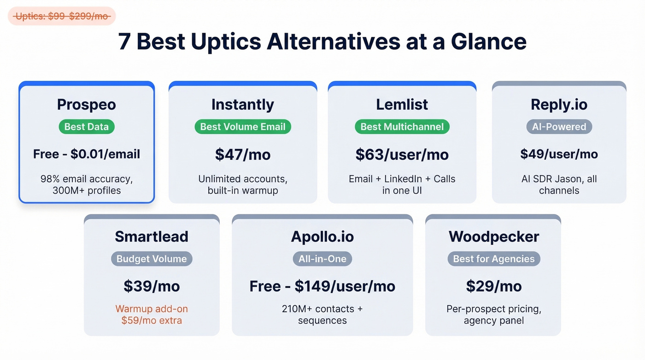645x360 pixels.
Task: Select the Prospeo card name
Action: click(x=87, y=105)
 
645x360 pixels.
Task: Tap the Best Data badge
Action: click(x=87, y=127)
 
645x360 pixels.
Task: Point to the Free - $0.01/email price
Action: click(x=87, y=154)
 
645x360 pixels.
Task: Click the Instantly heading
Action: click(x=242, y=105)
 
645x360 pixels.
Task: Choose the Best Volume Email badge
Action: click(x=243, y=127)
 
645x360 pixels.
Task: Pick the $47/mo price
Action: click(x=243, y=154)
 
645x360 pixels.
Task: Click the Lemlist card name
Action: click(x=402, y=105)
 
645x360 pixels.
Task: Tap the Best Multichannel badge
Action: click(x=402, y=127)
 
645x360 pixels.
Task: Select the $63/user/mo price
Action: click(x=402, y=154)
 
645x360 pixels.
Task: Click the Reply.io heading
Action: click(x=559, y=105)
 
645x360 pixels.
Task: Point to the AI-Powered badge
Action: click(x=559, y=127)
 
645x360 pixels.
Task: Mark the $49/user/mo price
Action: click(x=559, y=154)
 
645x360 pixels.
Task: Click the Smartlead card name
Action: click(x=152, y=236)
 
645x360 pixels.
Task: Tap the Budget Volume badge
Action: click(x=152, y=259)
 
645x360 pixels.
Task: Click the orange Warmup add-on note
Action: click(x=152, y=314)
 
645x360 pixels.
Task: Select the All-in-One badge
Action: click(x=322, y=259)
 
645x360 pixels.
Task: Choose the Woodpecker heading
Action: click(x=493, y=236)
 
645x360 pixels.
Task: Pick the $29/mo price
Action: click(x=493, y=286)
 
